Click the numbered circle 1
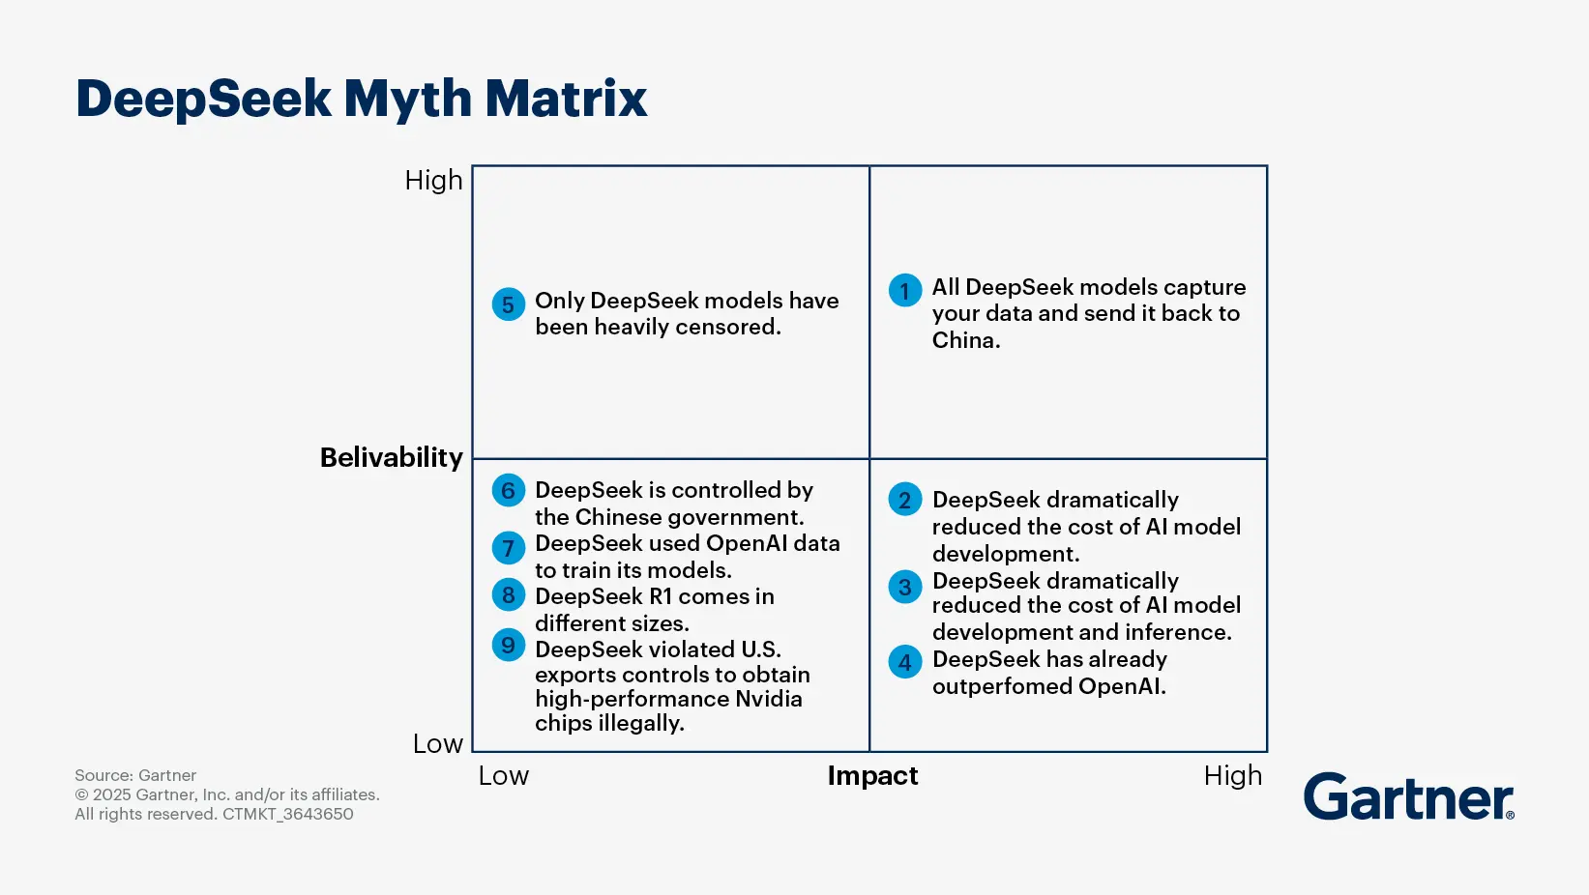click(905, 290)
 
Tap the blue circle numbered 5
click(509, 304)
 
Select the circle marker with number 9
click(509, 645)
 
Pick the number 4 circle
click(905, 662)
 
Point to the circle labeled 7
click(509, 547)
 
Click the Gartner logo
click(1409, 796)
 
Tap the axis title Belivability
click(392, 457)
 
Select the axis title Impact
click(872, 776)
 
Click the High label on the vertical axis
click(433, 180)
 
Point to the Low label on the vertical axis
click(438, 743)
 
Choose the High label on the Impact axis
click(1233, 775)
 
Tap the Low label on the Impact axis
click(504, 775)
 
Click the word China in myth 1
click(966, 340)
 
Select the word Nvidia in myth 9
click(769, 699)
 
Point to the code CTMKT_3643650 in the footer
click(288, 814)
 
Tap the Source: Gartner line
click(135, 775)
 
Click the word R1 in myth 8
click(661, 596)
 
